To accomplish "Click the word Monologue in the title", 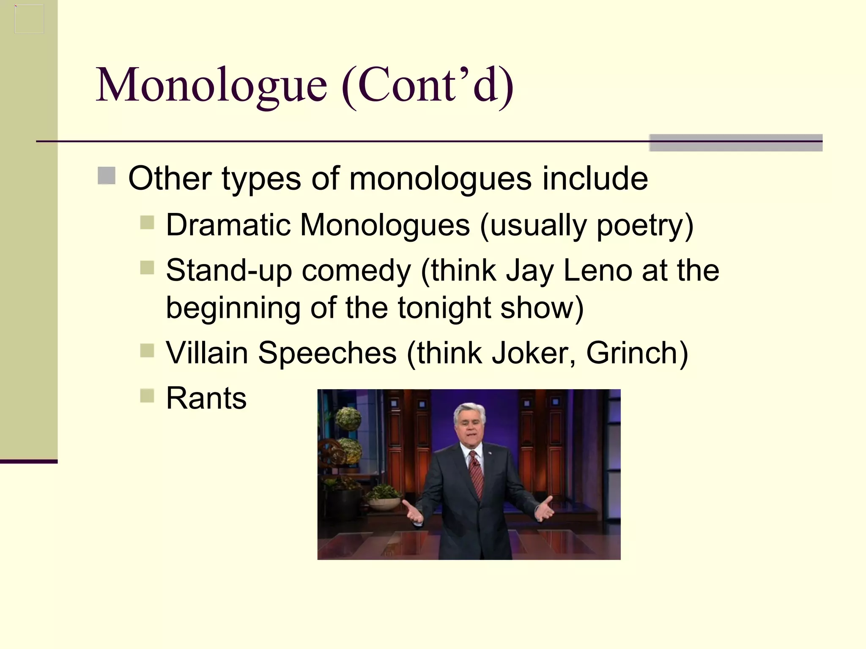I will coord(211,86).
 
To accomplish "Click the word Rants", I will coord(206,398).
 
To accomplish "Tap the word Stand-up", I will coord(229,271).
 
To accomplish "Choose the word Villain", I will coord(207,353).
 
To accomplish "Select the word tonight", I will coord(444,308).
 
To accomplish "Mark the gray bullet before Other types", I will coord(107,176).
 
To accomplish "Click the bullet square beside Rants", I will coord(147,396).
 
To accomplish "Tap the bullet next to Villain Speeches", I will coord(147,350).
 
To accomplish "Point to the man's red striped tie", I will coord(476,473).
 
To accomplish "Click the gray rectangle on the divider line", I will coord(736,142).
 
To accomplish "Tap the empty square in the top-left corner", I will coord(29,19).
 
